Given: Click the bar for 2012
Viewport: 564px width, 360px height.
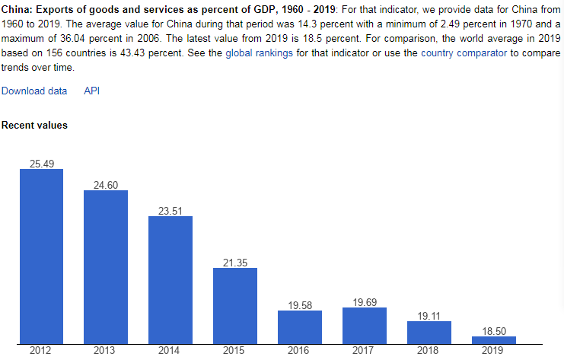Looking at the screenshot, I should pos(41,256).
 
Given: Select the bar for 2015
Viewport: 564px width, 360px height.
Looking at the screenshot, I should pos(235,305).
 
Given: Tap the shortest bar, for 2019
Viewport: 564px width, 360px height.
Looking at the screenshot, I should pos(494,339).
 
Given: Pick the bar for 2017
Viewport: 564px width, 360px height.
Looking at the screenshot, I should pos(365,325).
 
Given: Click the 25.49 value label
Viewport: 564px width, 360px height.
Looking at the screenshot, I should pos(41,164).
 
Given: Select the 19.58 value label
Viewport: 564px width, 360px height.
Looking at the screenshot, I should pos(300,305).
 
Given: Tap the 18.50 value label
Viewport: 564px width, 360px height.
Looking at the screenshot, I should pos(494,331).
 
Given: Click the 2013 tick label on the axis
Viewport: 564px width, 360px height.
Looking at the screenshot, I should pos(105,351).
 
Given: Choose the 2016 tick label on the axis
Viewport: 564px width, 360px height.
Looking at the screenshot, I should pos(300,351).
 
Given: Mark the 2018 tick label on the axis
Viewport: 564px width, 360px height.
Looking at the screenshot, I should pos(429,351).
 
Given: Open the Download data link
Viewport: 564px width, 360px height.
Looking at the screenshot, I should pos(34,91).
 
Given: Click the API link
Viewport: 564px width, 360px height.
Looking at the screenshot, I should pos(91,91).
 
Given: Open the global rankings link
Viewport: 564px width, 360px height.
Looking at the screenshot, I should pos(259,53).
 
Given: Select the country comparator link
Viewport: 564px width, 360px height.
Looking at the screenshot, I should pos(464,53).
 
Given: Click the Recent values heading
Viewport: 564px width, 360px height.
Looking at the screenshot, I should pos(34,125).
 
